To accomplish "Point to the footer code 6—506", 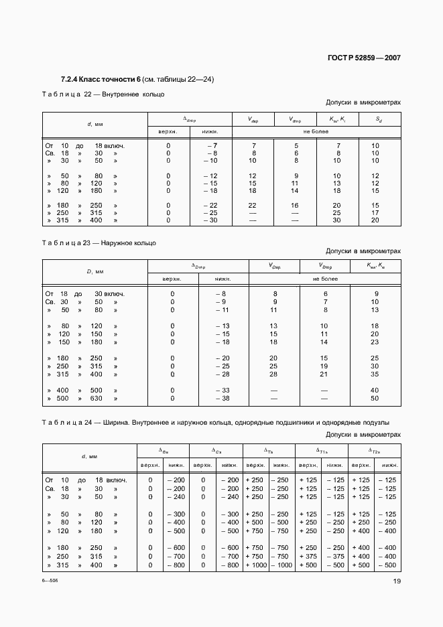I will click(50, 581).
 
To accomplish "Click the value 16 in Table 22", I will click(294, 205).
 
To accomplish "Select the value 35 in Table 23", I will click(375, 374).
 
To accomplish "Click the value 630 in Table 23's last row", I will click(97, 399).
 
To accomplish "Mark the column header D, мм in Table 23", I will click(94, 272).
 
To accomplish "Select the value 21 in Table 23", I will click(325, 374).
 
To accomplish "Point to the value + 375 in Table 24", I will click(308, 556).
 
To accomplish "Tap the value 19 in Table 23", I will click(325, 366).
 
